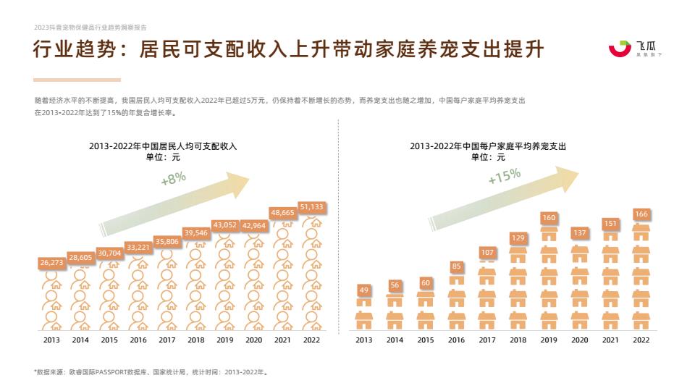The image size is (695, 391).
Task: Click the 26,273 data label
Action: [x=51, y=263]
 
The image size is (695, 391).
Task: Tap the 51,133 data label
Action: [x=311, y=207]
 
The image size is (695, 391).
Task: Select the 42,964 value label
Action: [x=253, y=225]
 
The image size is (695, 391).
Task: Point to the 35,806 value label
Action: [x=167, y=241]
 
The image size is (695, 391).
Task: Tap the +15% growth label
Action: [x=505, y=175]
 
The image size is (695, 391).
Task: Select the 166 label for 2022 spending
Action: [x=641, y=214]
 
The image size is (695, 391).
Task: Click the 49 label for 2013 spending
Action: [x=364, y=290]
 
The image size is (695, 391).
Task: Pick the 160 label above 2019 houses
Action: [x=549, y=218]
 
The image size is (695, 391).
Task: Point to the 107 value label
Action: [x=487, y=253]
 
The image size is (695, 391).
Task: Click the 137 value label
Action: [x=579, y=232]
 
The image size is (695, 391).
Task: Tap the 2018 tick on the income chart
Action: [x=195, y=340]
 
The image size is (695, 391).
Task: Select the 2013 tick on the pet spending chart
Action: [x=364, y=340]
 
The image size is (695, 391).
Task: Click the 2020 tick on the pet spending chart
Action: [x=579, y=340]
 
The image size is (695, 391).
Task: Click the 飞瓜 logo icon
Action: [x=620, y=49]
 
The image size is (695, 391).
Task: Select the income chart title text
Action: [x=163, y=146]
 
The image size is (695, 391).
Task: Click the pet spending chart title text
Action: [x=488, y=146]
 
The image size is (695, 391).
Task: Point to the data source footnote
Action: [x=151, y=372]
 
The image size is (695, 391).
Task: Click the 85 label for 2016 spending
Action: [x=456, y=266]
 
